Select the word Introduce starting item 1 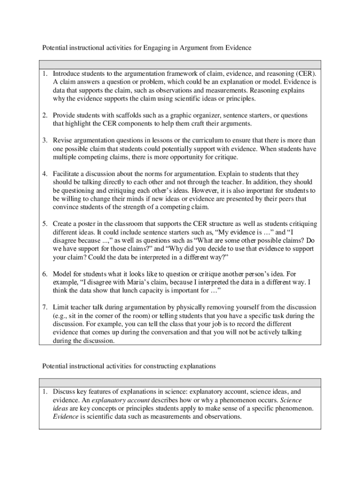(x=67, y=73)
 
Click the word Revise (x=63, y=141)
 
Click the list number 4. (x=45, y=174)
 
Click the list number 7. (x=45, y=307)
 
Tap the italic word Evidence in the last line (x=65, y=416)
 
